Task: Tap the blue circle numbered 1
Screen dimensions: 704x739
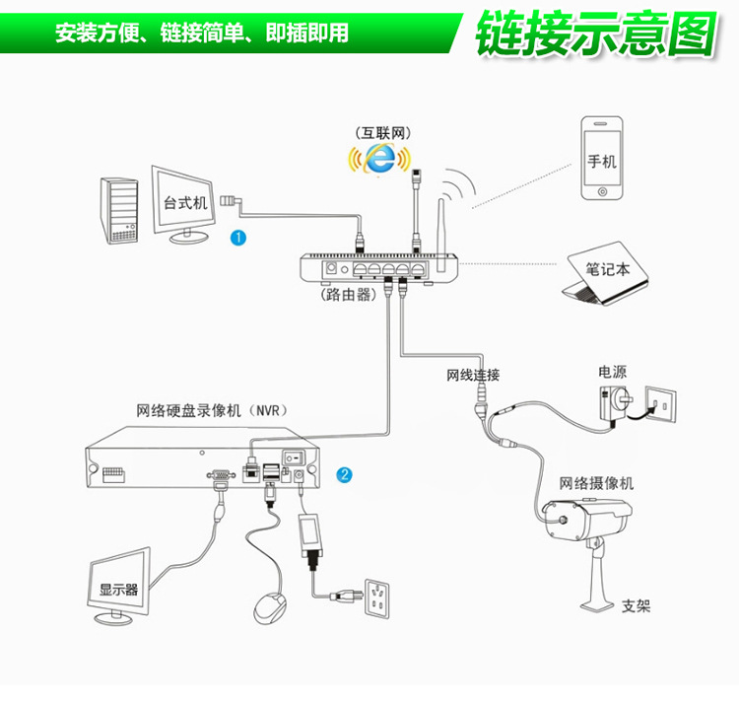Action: point(237,237)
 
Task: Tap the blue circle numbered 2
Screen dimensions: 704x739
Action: point(344,474)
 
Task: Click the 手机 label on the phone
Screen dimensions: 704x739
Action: point(601,161)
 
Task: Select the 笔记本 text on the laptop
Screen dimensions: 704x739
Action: point(607,267)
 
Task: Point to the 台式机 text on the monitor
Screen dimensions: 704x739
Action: point(185,202)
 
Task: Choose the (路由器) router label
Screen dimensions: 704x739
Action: point(347,295)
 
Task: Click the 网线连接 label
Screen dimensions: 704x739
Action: point(473,375)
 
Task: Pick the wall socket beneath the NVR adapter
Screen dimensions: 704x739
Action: point(378,595)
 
